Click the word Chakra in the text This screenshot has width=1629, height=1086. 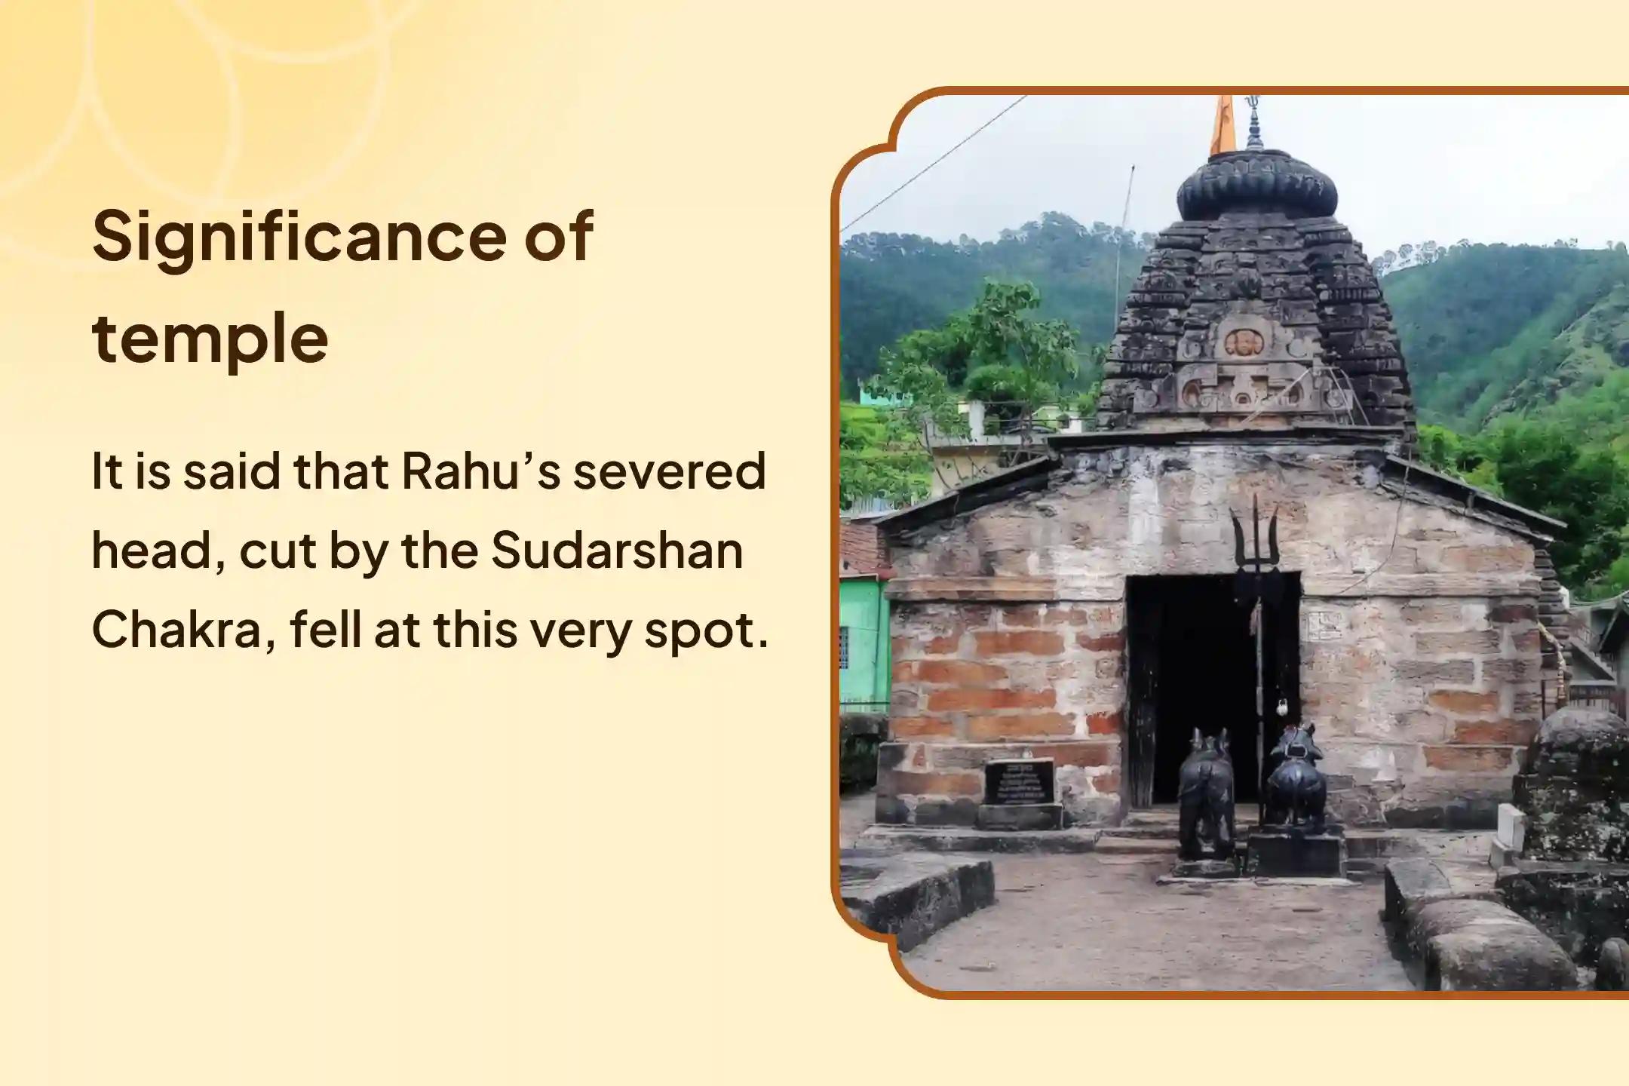click(183, 630)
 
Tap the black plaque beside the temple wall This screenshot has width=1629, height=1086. click(1020, 781)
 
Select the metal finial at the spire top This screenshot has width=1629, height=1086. click(1253, 122)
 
